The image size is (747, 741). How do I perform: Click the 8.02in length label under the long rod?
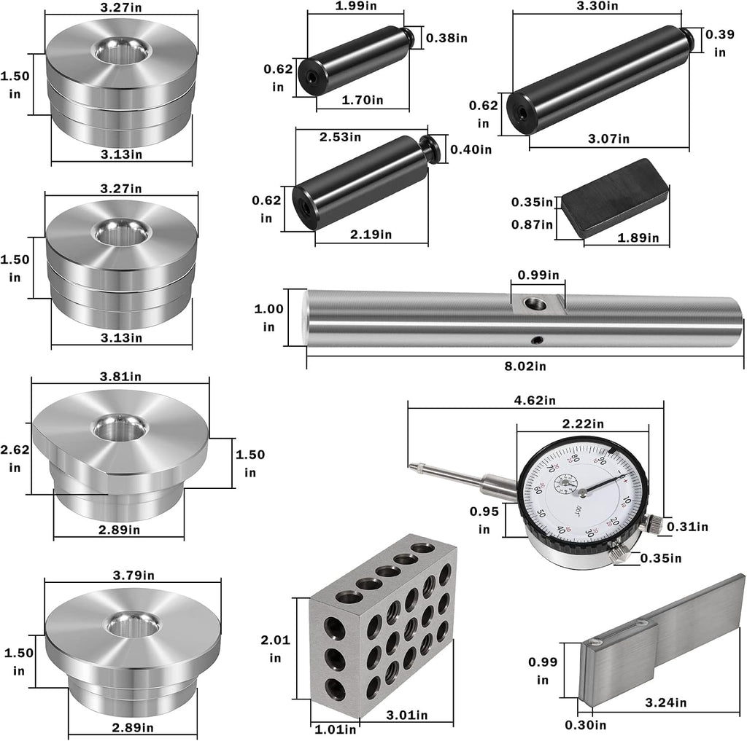[x=525, y=366]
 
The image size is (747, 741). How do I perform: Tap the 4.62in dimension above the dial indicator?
[x=535, y=400]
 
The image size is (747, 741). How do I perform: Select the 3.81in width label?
[x=120, y=377]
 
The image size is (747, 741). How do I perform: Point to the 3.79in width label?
[x=133, y=576]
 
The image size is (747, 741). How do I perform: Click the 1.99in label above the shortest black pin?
[x=356, y=6]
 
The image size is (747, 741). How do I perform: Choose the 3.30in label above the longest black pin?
[x=597, y=6]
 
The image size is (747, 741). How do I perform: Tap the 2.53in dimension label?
[x=340, y=137]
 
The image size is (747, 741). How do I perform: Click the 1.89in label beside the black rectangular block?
[x=638, y=238]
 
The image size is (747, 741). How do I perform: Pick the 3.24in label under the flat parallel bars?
[x=665, y=702]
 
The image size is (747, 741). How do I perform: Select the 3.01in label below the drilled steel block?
[x=407, y=715]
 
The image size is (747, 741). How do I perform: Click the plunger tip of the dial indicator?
[x=411, y=466]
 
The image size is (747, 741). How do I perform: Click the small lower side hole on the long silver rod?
[x=538, y=340]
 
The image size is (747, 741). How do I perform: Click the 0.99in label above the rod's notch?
[x=538, y=275]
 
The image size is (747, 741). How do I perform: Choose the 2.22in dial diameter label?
[x=583, y=423]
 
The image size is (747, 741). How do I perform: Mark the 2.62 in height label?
[x=15, y=459]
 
